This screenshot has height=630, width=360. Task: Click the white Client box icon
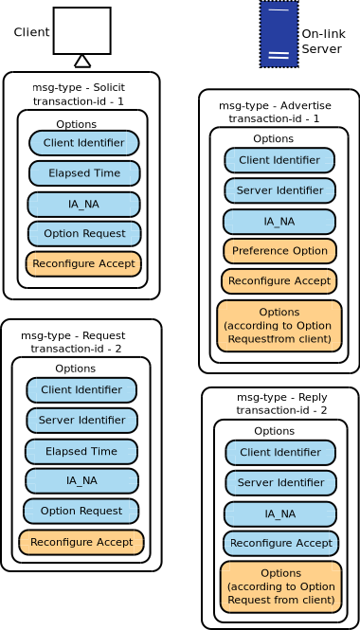click(81, 30)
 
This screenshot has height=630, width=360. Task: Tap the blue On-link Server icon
click(279, 34)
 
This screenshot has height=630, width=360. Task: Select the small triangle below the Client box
click(82, 61)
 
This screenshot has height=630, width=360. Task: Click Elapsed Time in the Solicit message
click(84, 173)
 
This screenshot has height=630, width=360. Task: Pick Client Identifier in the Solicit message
click(83, 143)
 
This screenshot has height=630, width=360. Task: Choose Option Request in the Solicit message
click(84, 233)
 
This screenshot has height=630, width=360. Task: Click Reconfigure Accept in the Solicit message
click(83, 263)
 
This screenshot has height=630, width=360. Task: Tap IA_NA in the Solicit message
click(83, 204)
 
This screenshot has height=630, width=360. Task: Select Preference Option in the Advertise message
click(279, 251)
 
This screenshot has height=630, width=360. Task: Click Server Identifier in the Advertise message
click(279, 190)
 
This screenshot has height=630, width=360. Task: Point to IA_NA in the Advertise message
click(279, 222)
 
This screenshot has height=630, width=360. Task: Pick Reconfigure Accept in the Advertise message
click(279, 281)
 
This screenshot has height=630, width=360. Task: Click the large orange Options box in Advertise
click(279, 325)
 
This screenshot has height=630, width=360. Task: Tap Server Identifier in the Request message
click(81, 420)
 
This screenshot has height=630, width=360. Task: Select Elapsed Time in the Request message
click(81, 451)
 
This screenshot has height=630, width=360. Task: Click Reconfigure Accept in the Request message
click(81, 542)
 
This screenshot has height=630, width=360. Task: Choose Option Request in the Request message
click(81, 511)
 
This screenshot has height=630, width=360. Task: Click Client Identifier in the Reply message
click(279, 452)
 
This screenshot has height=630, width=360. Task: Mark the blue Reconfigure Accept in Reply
click(280, 543)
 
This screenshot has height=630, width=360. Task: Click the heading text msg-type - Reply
click(281, 397)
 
